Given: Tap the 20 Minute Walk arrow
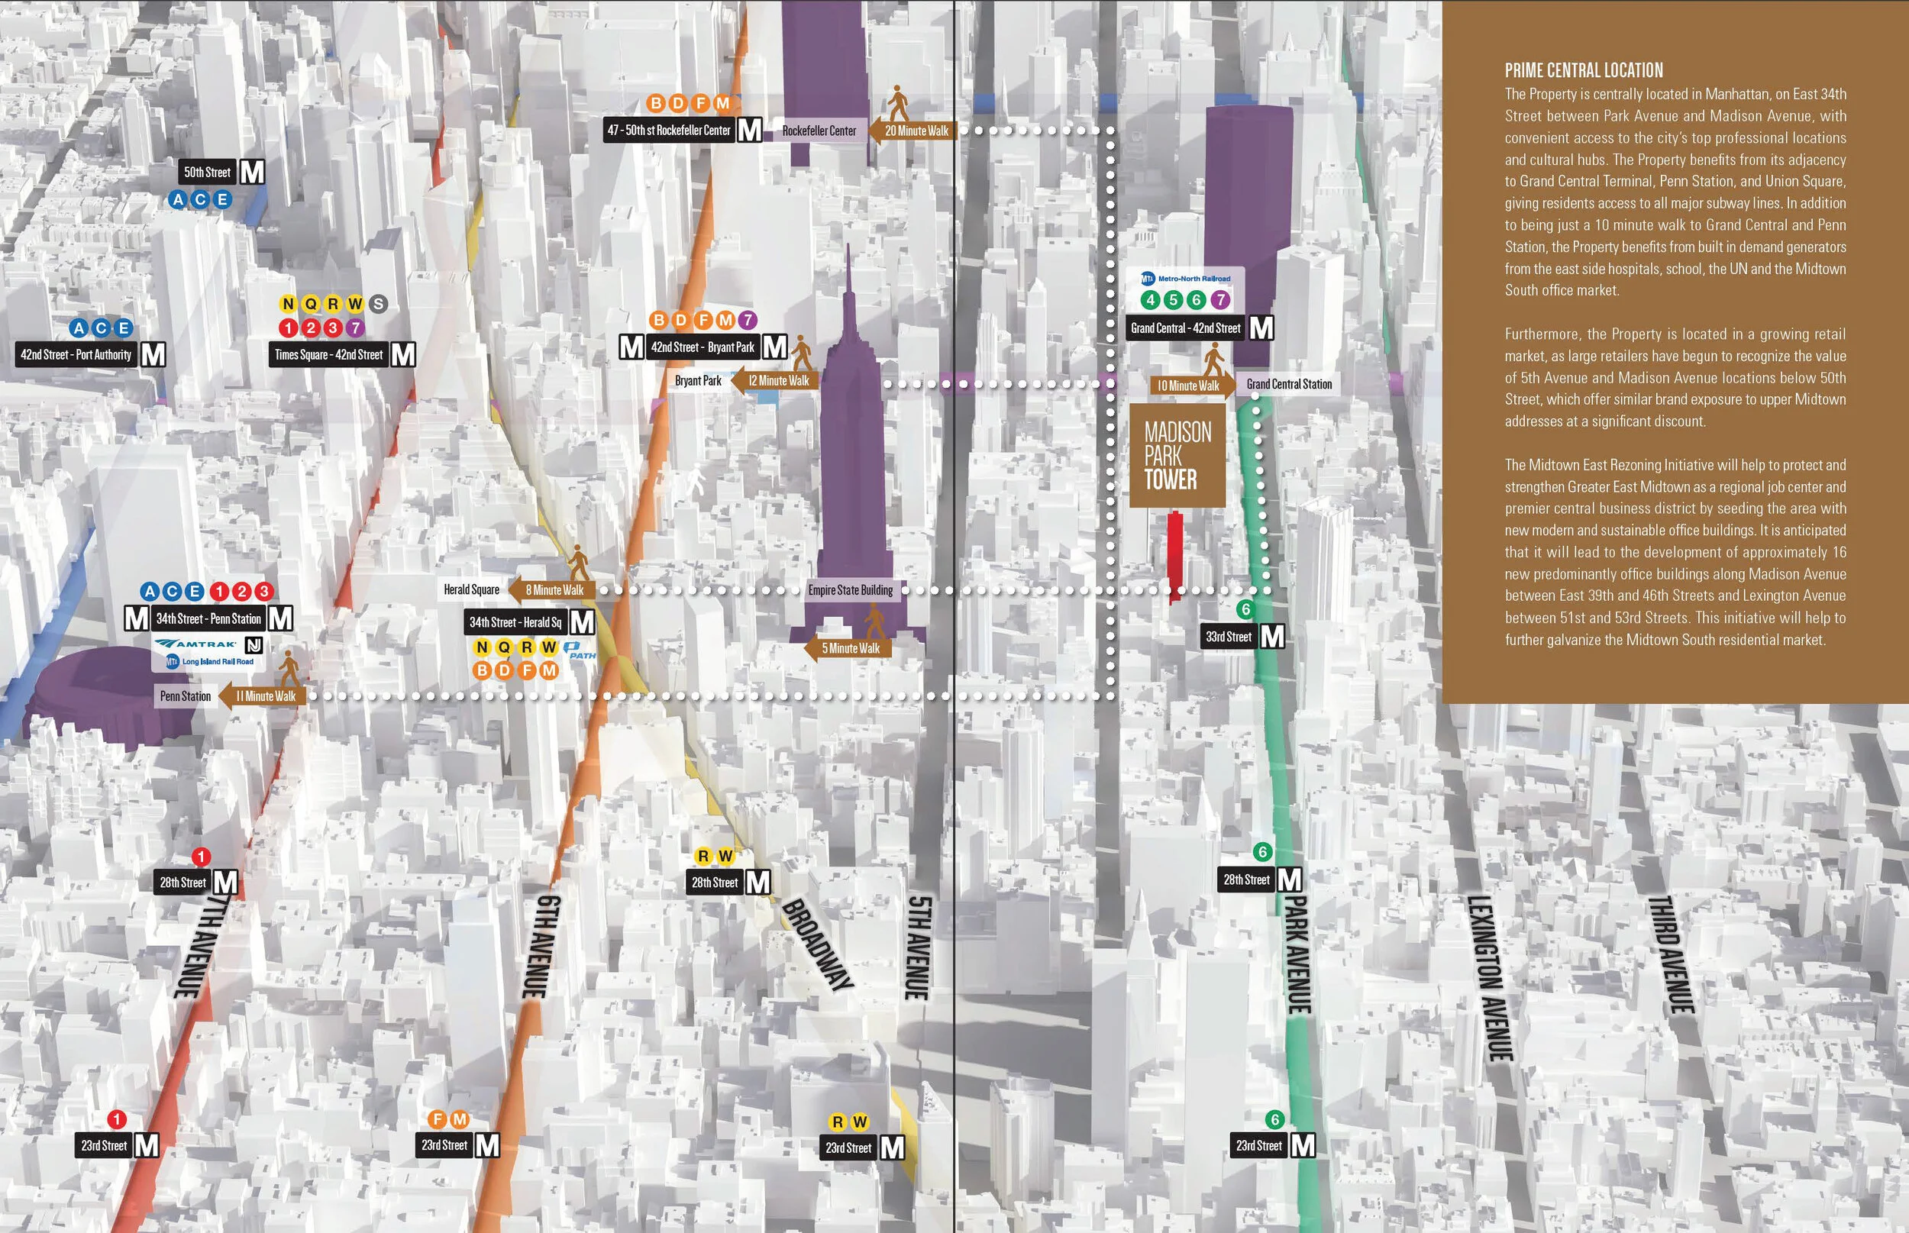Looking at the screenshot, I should pos(913,131).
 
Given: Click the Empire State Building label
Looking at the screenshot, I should pos(850,590).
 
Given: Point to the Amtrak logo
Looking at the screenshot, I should pos(196,644).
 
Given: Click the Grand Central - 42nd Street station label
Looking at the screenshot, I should pos(1185,328).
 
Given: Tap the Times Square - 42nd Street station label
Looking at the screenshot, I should pos(328,355).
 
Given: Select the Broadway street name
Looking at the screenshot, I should pos(817,944).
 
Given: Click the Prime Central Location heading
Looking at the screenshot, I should pos(1583,70).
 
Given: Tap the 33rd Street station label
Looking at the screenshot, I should pos(1229,637).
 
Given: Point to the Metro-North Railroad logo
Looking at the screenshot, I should pos(1186,279).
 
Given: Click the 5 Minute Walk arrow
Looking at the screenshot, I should pos(847,648).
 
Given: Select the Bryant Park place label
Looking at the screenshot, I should pos(697,381).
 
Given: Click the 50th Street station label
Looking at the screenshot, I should pos(208,172).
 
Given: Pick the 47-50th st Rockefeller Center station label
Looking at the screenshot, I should pos(669,130).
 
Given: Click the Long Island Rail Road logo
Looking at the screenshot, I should pos(210,662).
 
